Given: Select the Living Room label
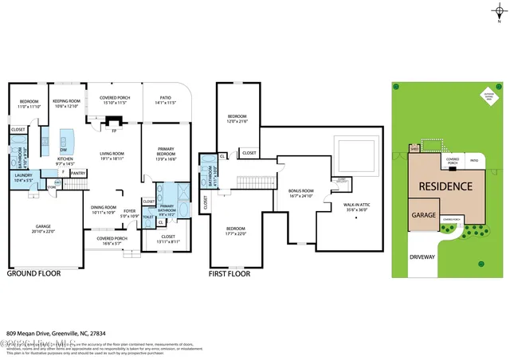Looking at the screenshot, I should [112, 156].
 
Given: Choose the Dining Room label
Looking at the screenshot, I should [104, 209].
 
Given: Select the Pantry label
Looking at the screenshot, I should [78, 172].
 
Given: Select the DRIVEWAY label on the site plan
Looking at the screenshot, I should [423, 257].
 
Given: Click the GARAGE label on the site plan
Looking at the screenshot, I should [422, 215].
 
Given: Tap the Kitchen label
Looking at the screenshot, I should [64, 161].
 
